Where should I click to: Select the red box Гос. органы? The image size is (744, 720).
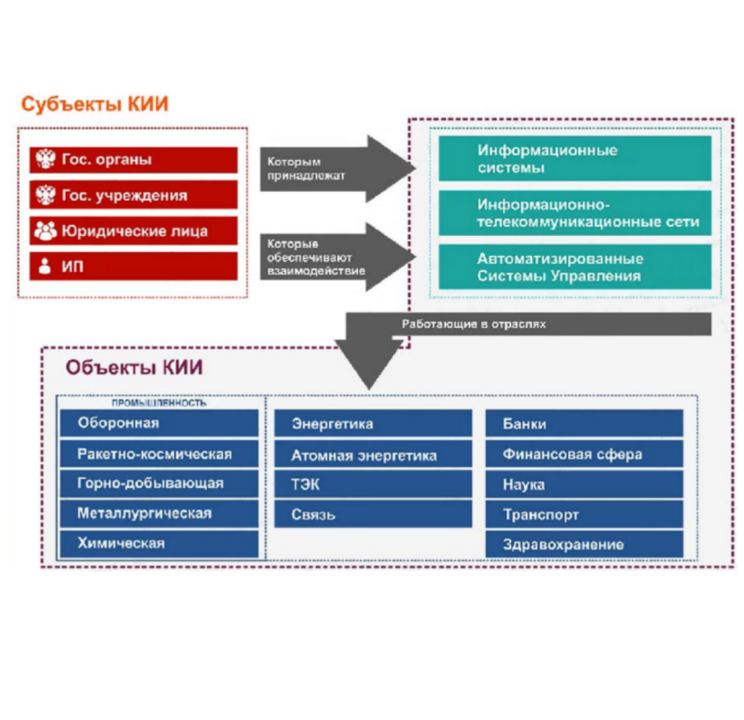pyautogui.click(x=134, y=159)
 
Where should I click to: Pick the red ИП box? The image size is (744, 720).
pyautogui.click(x=134, y=266)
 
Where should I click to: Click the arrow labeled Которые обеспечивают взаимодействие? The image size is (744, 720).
pyautogui.click(x=334, y=256)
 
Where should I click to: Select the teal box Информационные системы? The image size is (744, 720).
pyautogui.click(x=574, y=159)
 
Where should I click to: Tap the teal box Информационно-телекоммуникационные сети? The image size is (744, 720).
pyautogui.click(x=574, y=214)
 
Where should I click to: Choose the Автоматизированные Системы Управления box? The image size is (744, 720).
pyautogui.click(x=574, y=267)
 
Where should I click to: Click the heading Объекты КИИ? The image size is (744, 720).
pyautogui.click(x=134, y=368)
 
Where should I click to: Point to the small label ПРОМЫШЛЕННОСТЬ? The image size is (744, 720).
pyautogui.click(x=159, y=402)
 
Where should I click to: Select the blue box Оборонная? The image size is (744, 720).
pyautogui.click(x=159, y=423)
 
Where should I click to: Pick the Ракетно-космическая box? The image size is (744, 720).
pyautogui.click(x=159, y=454)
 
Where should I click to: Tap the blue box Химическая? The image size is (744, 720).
pyautogui.click(x=159, y=543)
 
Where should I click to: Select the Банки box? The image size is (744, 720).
pyautogui.click(x=584, y=424)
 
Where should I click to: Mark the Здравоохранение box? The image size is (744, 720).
pyautogui.click(x=584, y=545)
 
